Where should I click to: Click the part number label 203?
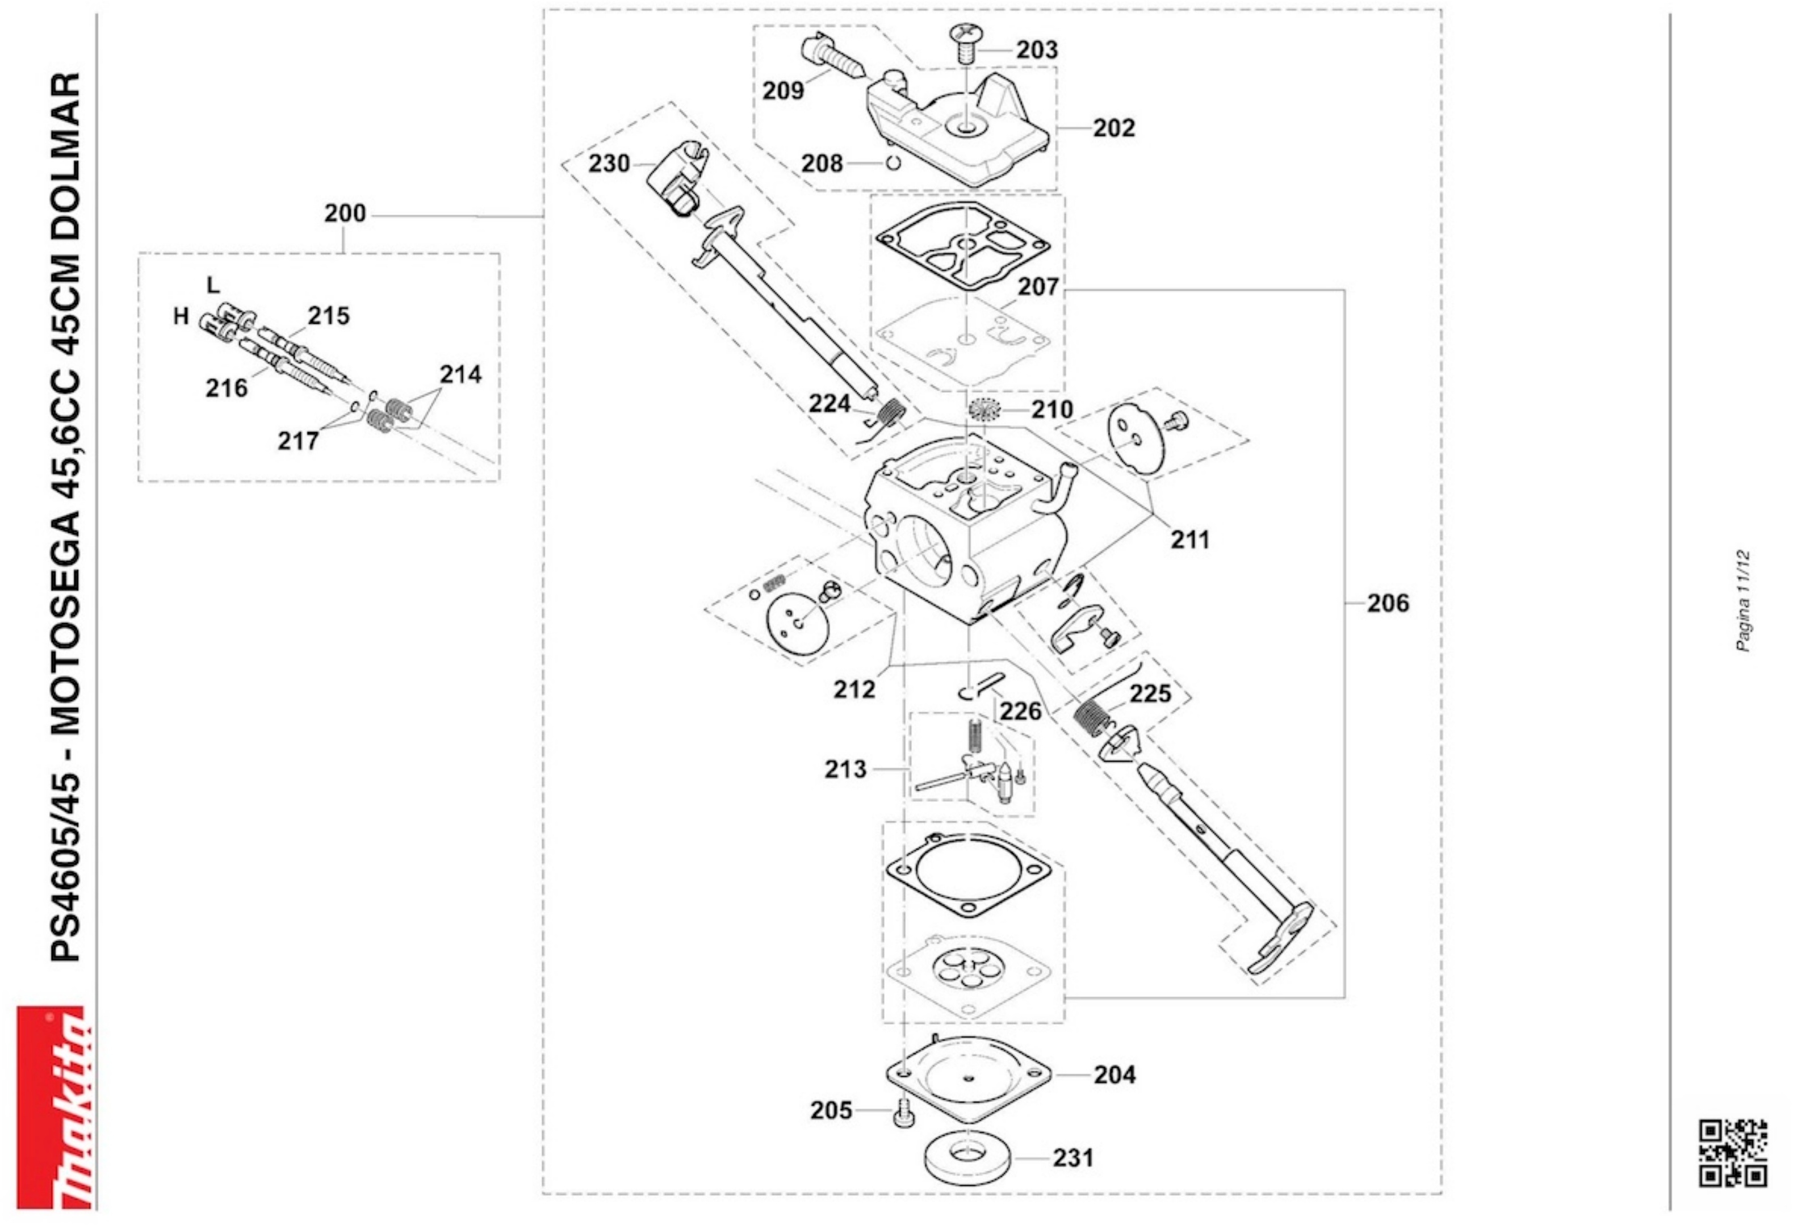1036,49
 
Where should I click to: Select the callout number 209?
783,90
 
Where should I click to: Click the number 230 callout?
609,164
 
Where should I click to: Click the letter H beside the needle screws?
181,316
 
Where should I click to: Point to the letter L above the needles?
213,285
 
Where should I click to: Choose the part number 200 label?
344,213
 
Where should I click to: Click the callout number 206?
1388,603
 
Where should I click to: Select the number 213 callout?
845,769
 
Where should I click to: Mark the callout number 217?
298,441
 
